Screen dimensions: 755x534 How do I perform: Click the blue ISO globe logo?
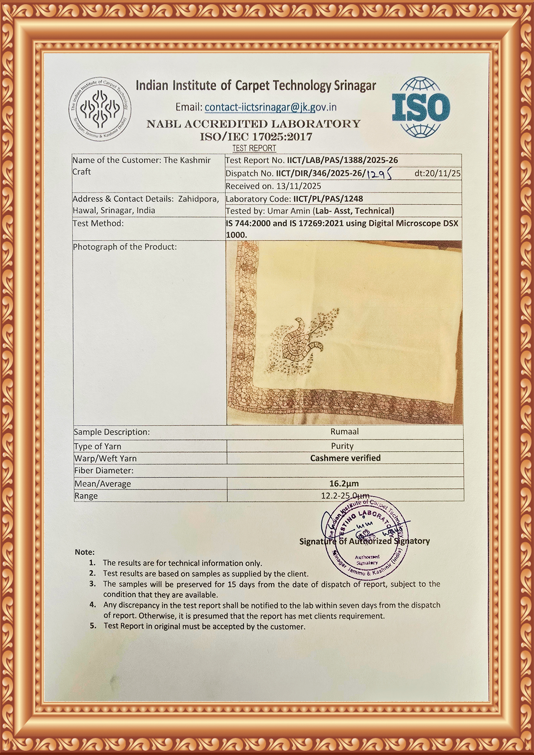pyautogui.click(x=421, y=107)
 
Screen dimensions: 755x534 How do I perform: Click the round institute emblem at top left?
pyautogui.click(x=100, y=109)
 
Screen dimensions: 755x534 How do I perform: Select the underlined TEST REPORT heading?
pyautogui.click(x=254, y=148)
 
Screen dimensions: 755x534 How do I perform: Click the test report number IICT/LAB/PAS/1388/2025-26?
pyautogui.click(x=342, y=160)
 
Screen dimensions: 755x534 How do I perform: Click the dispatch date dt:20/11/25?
pyautogui.click(x=438, y=173)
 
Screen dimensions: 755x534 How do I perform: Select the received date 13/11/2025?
pyautogui.click(x=298, y=186)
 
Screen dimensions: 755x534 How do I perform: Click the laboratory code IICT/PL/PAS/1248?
pyautogui.click(x=328, y=199)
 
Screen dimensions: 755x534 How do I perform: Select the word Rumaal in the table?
pyautogui.click(x=344, y=432)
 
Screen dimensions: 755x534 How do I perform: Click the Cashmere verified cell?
pyautogui.click(x=345, y=458)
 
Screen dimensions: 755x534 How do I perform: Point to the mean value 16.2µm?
pyautogui.click(x=344, y=483)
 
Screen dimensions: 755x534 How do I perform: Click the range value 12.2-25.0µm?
pyautogui.click(x=345, y=496)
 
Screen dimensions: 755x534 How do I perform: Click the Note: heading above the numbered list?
pyautogui.click(x=85, y=552)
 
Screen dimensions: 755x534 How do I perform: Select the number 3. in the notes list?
pyautogui.click(x=93, y=583)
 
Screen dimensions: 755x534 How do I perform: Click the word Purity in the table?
pyautogui.click(x=342, y=446)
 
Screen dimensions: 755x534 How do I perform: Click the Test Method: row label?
pyautogui.click(x=98, y=223)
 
